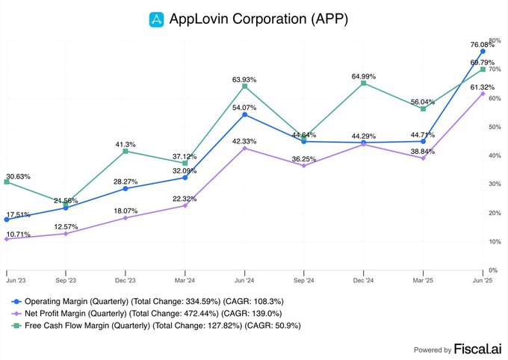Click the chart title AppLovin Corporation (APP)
pos(259,18)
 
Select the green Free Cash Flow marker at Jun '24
pos(245,87)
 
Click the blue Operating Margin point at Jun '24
pos(245,114)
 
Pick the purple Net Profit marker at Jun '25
pos(483,93)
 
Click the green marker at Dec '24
pos(363,83)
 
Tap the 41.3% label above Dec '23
pos(126,144)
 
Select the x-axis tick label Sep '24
pos(304,282)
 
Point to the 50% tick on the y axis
pos(493,126)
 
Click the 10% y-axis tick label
pos(493,242)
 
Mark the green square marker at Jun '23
pos(6,181)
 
